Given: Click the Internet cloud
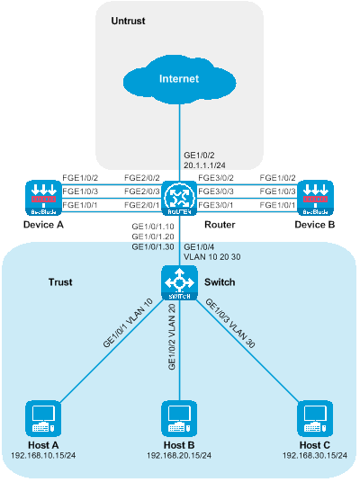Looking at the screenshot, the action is (179, 79).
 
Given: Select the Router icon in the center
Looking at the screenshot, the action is (179, 198).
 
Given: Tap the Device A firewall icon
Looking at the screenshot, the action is (43, 198).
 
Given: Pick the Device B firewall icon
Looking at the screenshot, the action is (315, 198).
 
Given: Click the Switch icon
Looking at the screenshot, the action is (179, 282).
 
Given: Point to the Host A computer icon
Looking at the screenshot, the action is (43, 419).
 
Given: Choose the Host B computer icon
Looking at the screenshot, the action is (179, 419).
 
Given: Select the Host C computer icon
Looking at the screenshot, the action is (315, 419).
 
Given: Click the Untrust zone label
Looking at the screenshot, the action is (128, 21).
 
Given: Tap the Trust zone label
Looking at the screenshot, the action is (60, 282).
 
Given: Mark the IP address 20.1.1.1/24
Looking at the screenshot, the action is (204, 165).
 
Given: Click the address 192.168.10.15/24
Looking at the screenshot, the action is (43, 455).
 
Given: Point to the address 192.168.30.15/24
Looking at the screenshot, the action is (315, 455).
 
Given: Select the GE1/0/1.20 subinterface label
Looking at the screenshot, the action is (153, 237).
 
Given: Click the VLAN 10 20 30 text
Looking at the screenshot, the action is (212, 257).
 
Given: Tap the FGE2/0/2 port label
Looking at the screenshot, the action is (142, 178).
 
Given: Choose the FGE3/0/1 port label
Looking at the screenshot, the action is (216, 205).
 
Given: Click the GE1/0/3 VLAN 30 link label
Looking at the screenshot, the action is (230, 324).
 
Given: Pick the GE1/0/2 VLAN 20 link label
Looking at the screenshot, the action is (172, 337).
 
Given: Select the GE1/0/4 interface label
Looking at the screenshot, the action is (199, 247).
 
